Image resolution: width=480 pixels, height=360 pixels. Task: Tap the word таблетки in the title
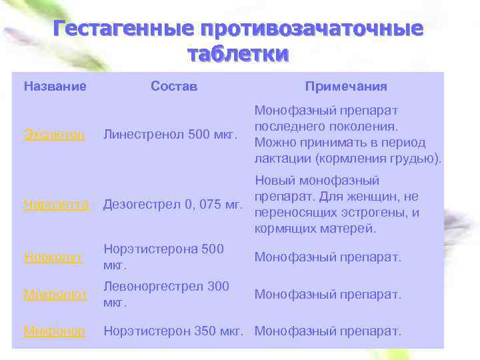pos(238,53)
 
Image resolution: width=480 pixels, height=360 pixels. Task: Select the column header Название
pos(55,87)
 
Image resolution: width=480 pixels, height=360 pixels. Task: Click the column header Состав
pos(174,87)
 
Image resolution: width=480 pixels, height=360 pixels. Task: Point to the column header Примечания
pos(346,87)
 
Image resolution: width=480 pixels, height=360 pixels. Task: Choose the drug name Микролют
pos(55,294)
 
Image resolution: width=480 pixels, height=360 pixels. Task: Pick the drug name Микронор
pos(55,331)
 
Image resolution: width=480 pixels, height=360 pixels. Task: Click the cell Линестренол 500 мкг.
pos(171,135)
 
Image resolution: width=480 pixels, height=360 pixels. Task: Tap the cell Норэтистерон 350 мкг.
pos(176,331)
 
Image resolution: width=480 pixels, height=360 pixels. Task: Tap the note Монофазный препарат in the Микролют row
pos(328,294)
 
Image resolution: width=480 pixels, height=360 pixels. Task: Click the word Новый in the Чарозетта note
pos(275,181)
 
